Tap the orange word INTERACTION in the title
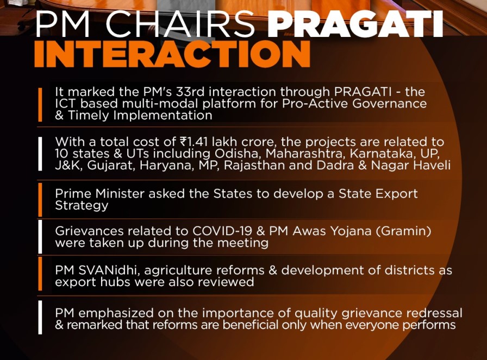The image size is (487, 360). pos(172,54)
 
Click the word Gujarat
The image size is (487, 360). pos(110,165)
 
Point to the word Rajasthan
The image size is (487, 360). pos(254,165)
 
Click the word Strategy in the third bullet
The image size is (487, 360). pos(82,206)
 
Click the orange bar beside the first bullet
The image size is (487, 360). pos(40,105)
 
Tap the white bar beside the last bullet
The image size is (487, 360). pos(40,317)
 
